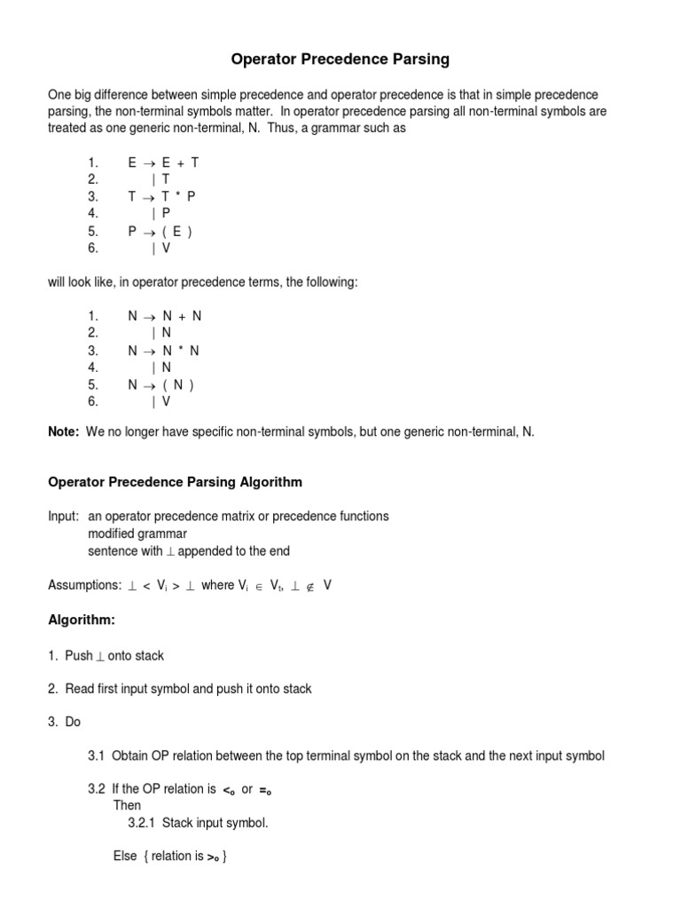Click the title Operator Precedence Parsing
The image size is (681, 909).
click(340, 59)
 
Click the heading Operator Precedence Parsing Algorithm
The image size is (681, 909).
click(175, 482)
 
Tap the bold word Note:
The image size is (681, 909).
click(64, 431)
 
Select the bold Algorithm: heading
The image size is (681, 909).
click(81, 620)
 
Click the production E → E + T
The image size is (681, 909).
click(164, 163)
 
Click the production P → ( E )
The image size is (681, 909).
click(161, 232)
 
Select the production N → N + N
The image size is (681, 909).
click(164, 316)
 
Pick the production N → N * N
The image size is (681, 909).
click(164, 351)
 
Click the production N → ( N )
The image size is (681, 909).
click(161, 384)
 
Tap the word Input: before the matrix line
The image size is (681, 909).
click(64, 516)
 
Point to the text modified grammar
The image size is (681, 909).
click(137, 534)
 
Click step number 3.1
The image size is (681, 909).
click(97, 755)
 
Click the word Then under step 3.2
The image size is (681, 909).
click(127, 806)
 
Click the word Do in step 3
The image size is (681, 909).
click(73, 722)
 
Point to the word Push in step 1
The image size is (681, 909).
click(79, 655)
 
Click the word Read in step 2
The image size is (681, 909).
click(80, 689)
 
